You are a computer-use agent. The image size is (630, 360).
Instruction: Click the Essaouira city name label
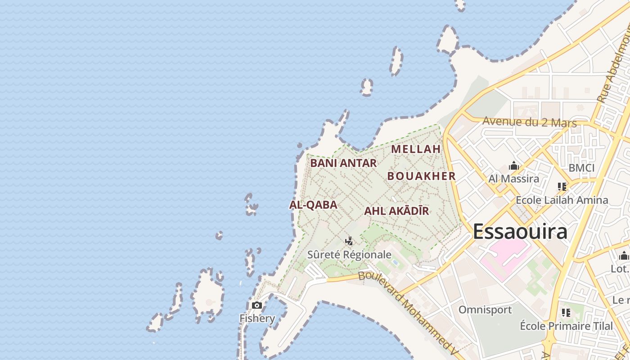click(x=520, y=232)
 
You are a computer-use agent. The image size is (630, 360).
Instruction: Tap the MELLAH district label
click(x=416, y=149)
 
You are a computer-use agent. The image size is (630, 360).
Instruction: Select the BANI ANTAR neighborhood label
click(x=343, y=163)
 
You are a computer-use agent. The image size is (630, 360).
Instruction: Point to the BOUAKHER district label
click(x=422, y=176)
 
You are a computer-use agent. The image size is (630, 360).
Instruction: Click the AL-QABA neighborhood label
click(x=313, y=205)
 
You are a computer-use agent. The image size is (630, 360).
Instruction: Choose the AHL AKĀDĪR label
click(x=396, y=211)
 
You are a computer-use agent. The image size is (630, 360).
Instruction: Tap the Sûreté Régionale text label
click(x=349, y=255)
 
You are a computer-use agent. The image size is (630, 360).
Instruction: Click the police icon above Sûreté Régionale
click(x=349, y=241)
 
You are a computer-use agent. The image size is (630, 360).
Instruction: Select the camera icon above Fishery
click(x=257, y=306)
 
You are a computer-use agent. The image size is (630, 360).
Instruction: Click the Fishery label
click(x=257, y=319)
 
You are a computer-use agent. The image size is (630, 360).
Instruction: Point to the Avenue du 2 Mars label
click(x=529, y=121)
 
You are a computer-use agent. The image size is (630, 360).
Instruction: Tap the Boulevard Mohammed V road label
click(x=409, y=310)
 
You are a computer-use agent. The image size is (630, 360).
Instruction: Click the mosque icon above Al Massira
click(x=514, y=166)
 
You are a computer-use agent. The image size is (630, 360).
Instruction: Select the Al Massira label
click(x=514, y=179)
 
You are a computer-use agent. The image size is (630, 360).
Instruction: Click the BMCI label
click(x=581, y=168)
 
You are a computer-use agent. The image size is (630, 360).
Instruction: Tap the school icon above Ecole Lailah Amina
click(x=562, y=186)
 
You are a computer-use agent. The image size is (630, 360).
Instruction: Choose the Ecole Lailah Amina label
click(x=562, y=200)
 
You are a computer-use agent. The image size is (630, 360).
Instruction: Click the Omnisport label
click(x=485, y=310)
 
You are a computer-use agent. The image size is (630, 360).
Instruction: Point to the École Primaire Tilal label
click(x=566, y=326)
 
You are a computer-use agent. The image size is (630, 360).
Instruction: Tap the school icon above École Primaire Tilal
click(x=566, y=312)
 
